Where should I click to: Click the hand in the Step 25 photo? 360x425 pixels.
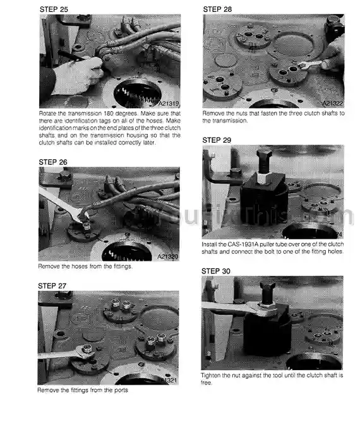tap(76, 75)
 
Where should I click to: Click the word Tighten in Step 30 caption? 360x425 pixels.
tap(213, 374)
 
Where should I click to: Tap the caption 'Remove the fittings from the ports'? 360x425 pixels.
tap(82, 390)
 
